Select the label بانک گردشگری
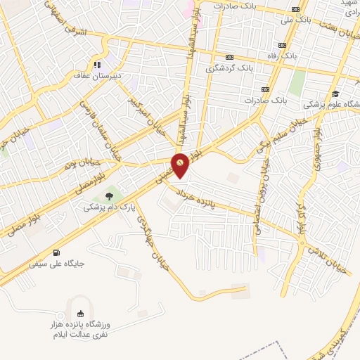coord(229,69)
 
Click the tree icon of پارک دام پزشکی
coord(108,197)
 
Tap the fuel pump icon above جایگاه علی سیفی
coord(56,253)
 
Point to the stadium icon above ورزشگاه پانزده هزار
coord(79,314)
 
